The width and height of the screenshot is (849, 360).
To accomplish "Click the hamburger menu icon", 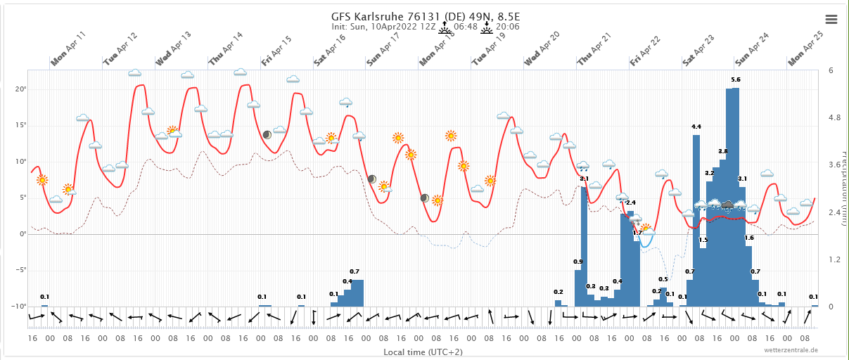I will (831, 19).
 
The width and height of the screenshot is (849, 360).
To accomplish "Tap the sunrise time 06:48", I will (466, 27).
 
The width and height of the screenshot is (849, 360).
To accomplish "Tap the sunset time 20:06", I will (507, 27).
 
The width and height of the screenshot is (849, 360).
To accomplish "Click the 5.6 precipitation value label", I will (736, 79).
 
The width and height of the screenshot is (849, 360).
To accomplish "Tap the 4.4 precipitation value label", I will (696, 127).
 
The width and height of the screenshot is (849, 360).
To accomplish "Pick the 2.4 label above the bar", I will (631, 202).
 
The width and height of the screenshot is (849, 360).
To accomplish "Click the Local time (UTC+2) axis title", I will (423, 351).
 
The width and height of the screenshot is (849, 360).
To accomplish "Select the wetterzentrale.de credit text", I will (791, 349).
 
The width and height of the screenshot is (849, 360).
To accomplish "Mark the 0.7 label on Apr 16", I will (355, 271).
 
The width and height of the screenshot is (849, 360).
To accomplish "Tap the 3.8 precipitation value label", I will (723, 151).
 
